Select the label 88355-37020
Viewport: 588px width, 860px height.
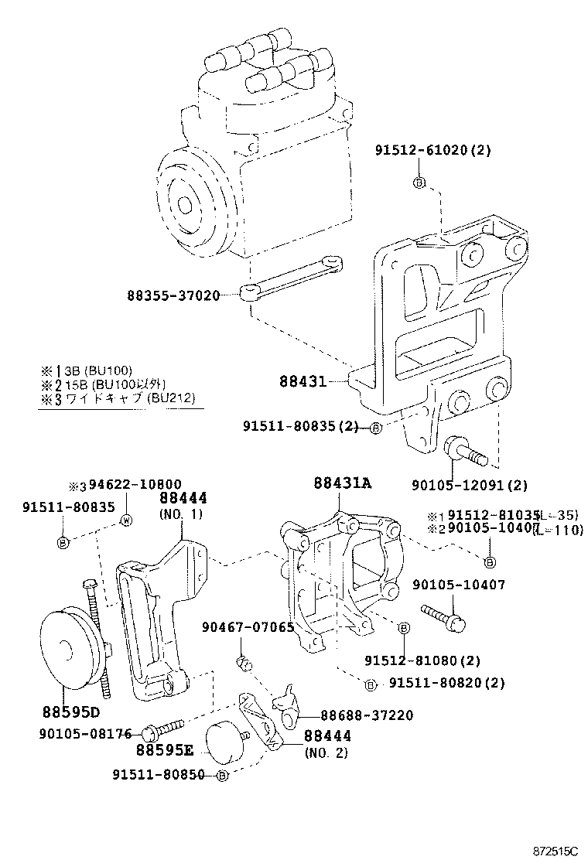click(x=174, y=295)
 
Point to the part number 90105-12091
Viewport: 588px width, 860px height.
click(x=459, y=485)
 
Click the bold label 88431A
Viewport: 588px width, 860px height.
click(x=343, y=483)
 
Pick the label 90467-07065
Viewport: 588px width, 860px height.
click(x=248, y=626)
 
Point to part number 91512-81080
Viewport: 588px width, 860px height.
click(x=412, y=660)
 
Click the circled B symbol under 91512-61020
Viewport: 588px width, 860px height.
click(x=419, y=183)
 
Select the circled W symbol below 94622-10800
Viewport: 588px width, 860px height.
click(x=128, y=520)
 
